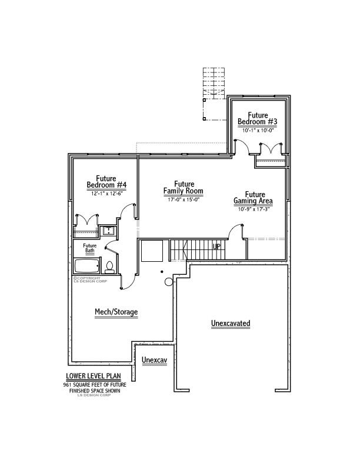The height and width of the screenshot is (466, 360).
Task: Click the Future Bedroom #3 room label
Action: tap(257, 118)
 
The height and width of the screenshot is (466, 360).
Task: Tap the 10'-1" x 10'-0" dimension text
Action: tap(257, 131)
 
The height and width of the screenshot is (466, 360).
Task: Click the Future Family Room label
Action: tap(184, 188)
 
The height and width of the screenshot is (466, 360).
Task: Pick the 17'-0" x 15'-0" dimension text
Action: tap(184, 199)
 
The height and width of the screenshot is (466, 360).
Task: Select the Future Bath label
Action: tap(89, 248)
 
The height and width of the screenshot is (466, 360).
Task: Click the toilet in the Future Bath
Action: tap(109, 268)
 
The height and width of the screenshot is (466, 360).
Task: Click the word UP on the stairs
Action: tap(216, 247)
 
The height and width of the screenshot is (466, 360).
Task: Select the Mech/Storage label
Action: tap(116, 312)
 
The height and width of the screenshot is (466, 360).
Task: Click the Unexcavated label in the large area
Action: tap(231, 324)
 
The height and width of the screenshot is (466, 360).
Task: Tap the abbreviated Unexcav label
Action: tap(154, 360)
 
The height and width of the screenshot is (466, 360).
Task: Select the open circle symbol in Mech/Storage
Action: tap(169, 282)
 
